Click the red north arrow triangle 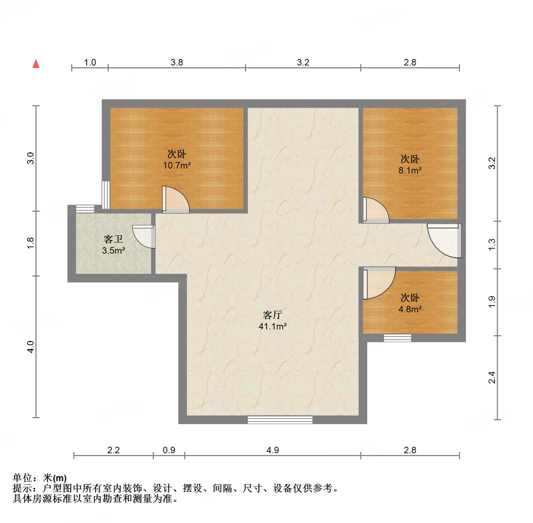click(x=36, y=64)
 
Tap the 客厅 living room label click(x=273, y=315)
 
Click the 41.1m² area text click(x=273, y=326)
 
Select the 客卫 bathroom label click(x=113, y=239)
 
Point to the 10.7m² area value click(x=177, y=166)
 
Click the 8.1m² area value click(x=410, y=170)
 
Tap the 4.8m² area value click(x=410, y=309)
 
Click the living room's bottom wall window click(x=280, y=420)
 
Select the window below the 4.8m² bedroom click(x=397, y=338)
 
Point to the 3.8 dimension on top click(x=177, y=63)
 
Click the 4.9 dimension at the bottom click(x=273, y=450)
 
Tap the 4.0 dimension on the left click(x=31, y=347)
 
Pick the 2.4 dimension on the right click(x=492, y=378)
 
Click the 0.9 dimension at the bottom click(x=169, y=450)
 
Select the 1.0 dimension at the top click(x=90, y=63)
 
